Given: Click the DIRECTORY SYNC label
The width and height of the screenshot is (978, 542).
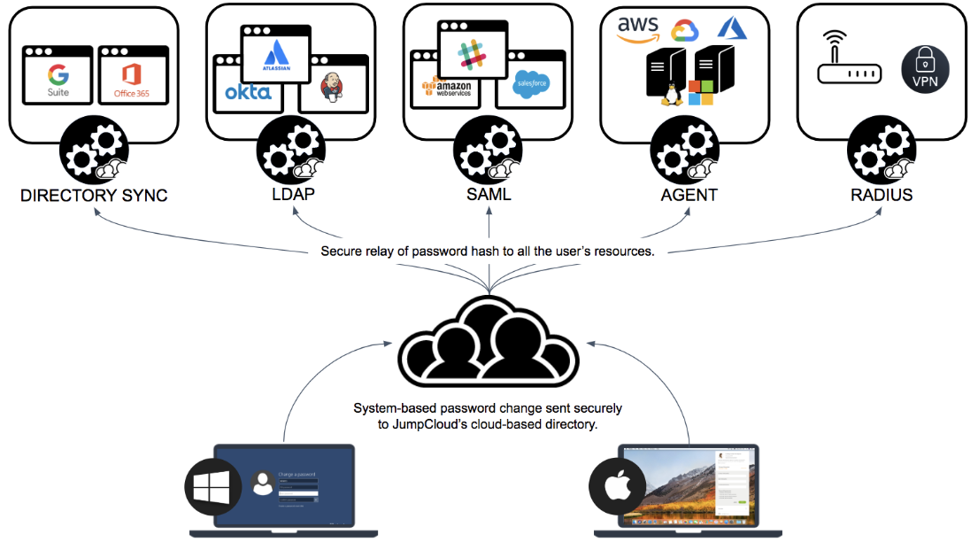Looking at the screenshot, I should click(x=94, y=195).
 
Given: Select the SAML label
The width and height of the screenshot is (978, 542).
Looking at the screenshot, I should click(x=489, y=194).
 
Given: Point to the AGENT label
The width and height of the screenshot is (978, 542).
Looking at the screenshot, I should click(x=689, y=194).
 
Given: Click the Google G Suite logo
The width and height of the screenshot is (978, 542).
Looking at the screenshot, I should click(x=58, y=80).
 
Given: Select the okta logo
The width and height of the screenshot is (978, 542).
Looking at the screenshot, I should click(x=248, y=91).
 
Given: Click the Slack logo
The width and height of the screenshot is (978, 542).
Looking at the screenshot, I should click(x=473, y=52).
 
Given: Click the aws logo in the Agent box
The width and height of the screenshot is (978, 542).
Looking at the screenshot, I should click(x=639, y=29).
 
